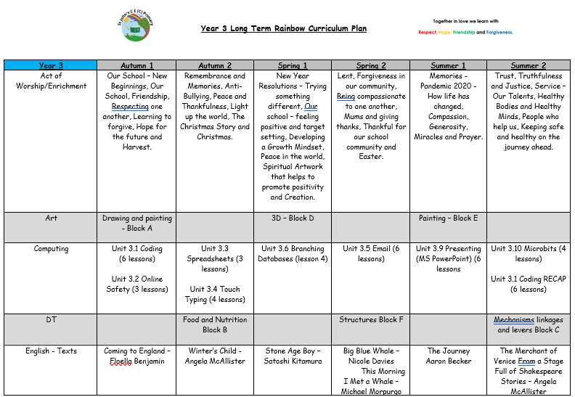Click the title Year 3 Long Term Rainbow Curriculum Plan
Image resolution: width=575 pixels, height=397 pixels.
pos(283,29)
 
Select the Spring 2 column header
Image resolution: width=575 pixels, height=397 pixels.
pos(371,65)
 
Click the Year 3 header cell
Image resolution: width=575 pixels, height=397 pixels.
pos(51,65)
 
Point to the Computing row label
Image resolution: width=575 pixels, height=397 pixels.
pos(51,249)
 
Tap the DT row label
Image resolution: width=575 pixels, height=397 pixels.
pos(51,320)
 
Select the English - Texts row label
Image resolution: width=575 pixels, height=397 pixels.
pos(51,351)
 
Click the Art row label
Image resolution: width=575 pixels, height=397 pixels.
pos(51,218)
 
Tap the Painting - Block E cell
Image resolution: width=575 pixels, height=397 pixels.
pos(448,218)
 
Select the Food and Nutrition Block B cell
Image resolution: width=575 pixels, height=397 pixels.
pos(216,324)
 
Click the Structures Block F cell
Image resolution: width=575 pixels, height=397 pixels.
pos(371,320)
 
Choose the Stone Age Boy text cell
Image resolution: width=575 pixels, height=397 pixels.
pos(293,356)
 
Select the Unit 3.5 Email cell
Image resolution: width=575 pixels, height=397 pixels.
pos(371,253)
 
